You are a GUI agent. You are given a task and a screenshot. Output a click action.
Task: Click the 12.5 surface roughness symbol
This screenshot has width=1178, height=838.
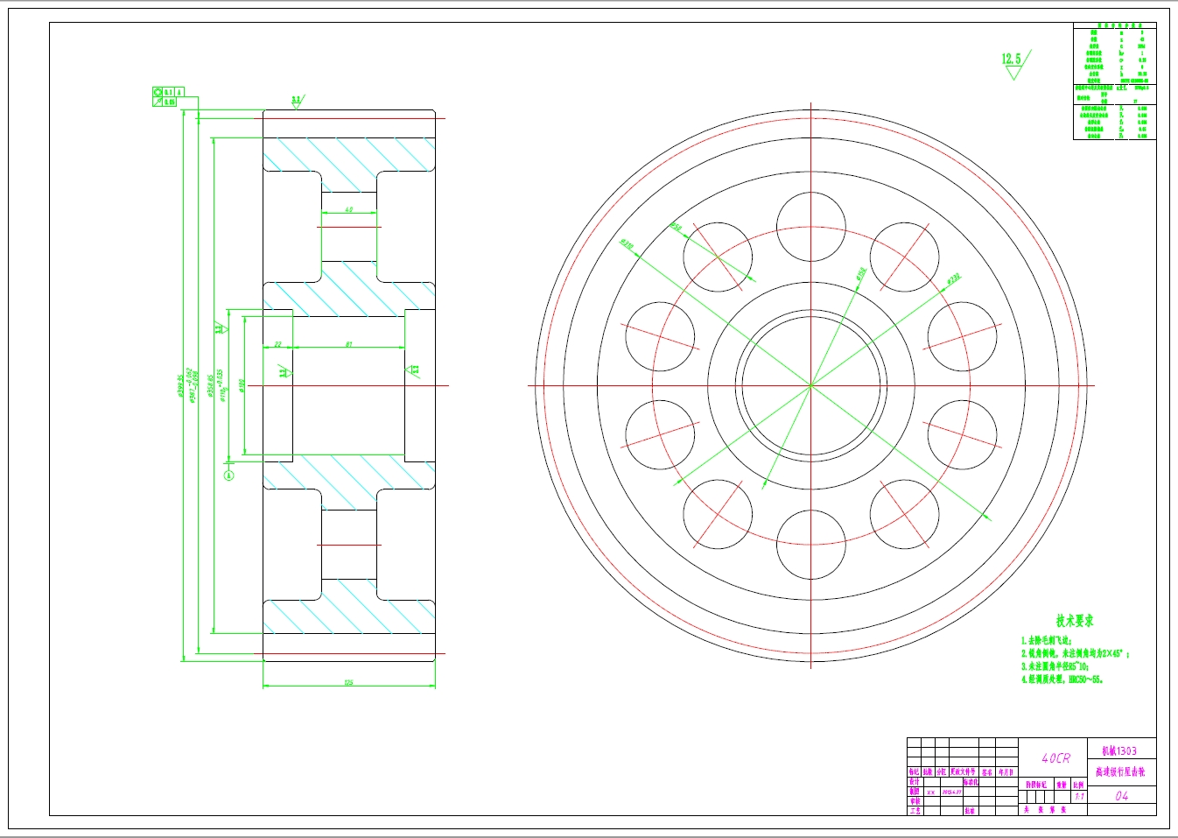(1013, 64)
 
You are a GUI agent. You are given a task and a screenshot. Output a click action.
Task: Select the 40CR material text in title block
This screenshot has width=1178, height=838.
(1055, 758)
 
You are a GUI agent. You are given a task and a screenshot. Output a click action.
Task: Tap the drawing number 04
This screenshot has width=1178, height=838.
(1121, 796)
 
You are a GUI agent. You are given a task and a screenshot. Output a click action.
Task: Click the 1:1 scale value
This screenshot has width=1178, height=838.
(1079, 797)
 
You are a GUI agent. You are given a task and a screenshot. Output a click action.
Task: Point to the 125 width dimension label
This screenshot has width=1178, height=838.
(348, 682)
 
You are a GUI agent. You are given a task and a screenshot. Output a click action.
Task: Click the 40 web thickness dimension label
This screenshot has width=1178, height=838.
(349, 210)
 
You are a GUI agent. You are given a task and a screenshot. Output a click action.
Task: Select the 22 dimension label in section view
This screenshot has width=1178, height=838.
(277, 344)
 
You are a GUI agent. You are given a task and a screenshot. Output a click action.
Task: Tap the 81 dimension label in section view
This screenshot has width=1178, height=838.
(348, 344)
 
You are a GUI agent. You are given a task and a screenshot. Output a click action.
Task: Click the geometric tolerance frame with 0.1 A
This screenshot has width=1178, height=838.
(168, 92)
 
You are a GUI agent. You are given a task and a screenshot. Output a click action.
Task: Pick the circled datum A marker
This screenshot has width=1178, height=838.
(229, 475)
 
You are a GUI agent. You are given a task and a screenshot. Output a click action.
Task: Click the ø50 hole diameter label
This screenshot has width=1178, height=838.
(676, 227)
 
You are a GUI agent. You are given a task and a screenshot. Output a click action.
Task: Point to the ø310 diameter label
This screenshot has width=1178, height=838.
(627, 244)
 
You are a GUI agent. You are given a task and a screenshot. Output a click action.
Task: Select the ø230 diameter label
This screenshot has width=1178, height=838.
(953, 278)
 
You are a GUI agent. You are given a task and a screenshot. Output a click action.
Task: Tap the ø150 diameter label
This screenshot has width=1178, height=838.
(860, 274)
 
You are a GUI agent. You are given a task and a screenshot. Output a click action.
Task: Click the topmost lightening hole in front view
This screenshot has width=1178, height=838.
(810, 227)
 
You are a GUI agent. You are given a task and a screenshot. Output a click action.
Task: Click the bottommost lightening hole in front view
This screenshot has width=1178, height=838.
(810, 544)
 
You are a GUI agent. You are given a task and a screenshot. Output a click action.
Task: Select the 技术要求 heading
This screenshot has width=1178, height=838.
(1074, 621)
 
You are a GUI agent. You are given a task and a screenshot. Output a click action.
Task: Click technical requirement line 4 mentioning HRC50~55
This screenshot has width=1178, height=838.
(1062, 679)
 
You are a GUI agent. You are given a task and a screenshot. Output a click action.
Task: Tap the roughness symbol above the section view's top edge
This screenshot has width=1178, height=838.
(296, 102)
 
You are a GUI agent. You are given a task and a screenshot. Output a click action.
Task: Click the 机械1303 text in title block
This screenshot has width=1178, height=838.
(1119, 750)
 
